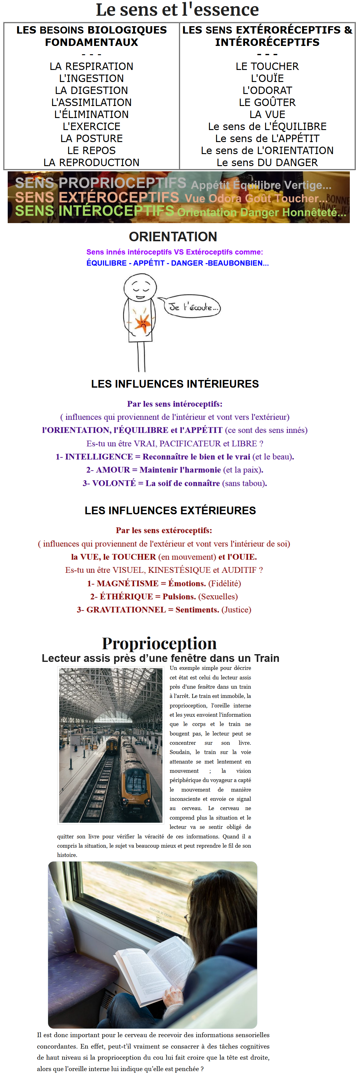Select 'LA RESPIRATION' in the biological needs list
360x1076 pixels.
tap(92, 67)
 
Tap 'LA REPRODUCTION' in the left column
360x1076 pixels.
tap(92, 162)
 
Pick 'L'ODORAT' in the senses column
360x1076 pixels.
tap(267, 90)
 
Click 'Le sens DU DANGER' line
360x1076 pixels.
tap(267, 162)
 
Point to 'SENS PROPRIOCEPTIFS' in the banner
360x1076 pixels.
tap(100, 183)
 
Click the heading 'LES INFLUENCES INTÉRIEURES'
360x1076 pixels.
tap(175, 384)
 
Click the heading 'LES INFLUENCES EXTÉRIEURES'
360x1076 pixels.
tap(170, 511)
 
